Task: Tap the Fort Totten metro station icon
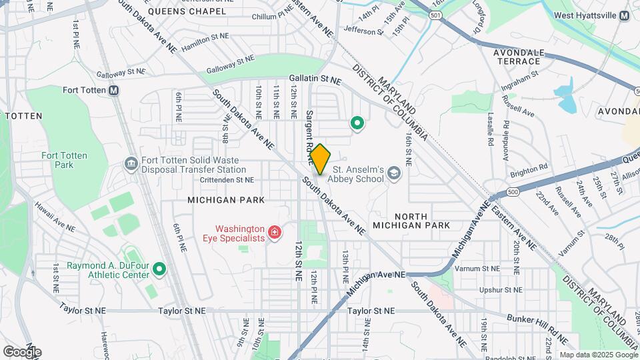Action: (x=114, y=90)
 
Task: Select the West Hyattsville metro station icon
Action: (x=623, y=15)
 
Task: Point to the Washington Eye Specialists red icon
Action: (x=273, y=232)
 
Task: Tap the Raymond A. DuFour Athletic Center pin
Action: (x=159, y=269)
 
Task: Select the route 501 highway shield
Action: (x=436, y=14)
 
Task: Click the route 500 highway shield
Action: (x=512, y=192)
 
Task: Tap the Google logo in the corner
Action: (x=22, y=351)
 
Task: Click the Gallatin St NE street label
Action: (x=315, y=80)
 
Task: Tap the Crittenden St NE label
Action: (x=226, y=180)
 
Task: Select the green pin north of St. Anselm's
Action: (x=357, y=123)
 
